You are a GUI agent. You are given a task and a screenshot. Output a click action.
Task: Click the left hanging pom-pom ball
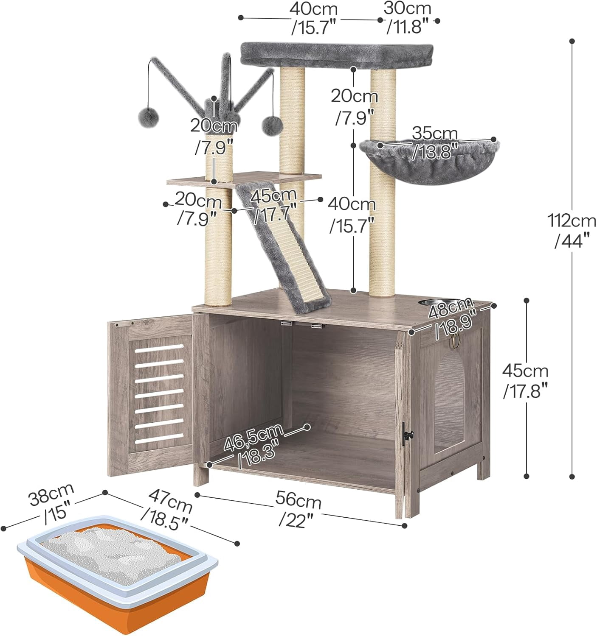[148, 117]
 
